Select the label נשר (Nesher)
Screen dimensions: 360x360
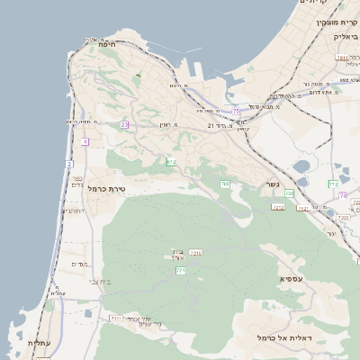272,184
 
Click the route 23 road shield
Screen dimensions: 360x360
125,124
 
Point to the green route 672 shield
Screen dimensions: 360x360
171,162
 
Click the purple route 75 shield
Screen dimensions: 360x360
237,111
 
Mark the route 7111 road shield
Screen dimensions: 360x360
115,319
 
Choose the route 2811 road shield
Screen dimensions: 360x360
342,58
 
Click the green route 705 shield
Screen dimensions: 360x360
225,184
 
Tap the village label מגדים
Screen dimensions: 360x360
78,264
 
